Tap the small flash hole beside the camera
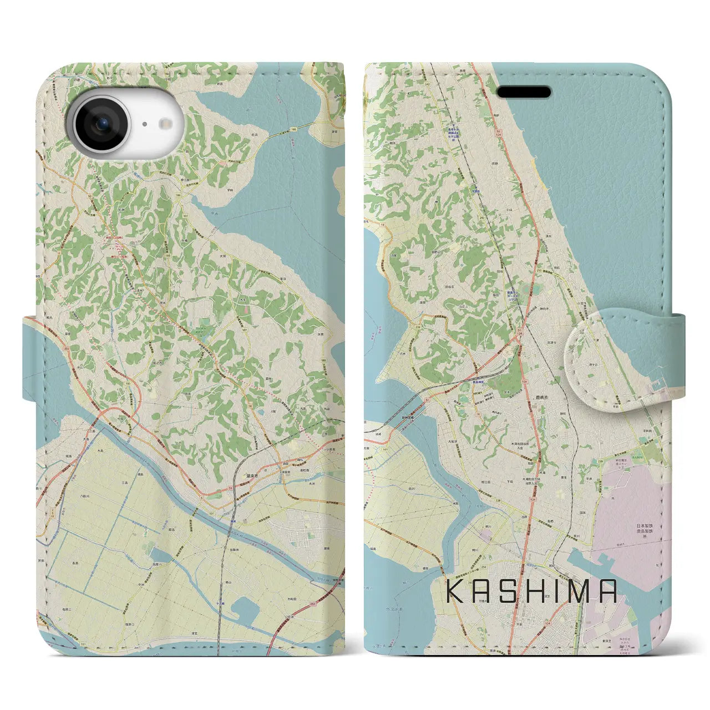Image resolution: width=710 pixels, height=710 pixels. click(144, 125)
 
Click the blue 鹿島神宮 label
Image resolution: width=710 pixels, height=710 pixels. click(480, 383)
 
